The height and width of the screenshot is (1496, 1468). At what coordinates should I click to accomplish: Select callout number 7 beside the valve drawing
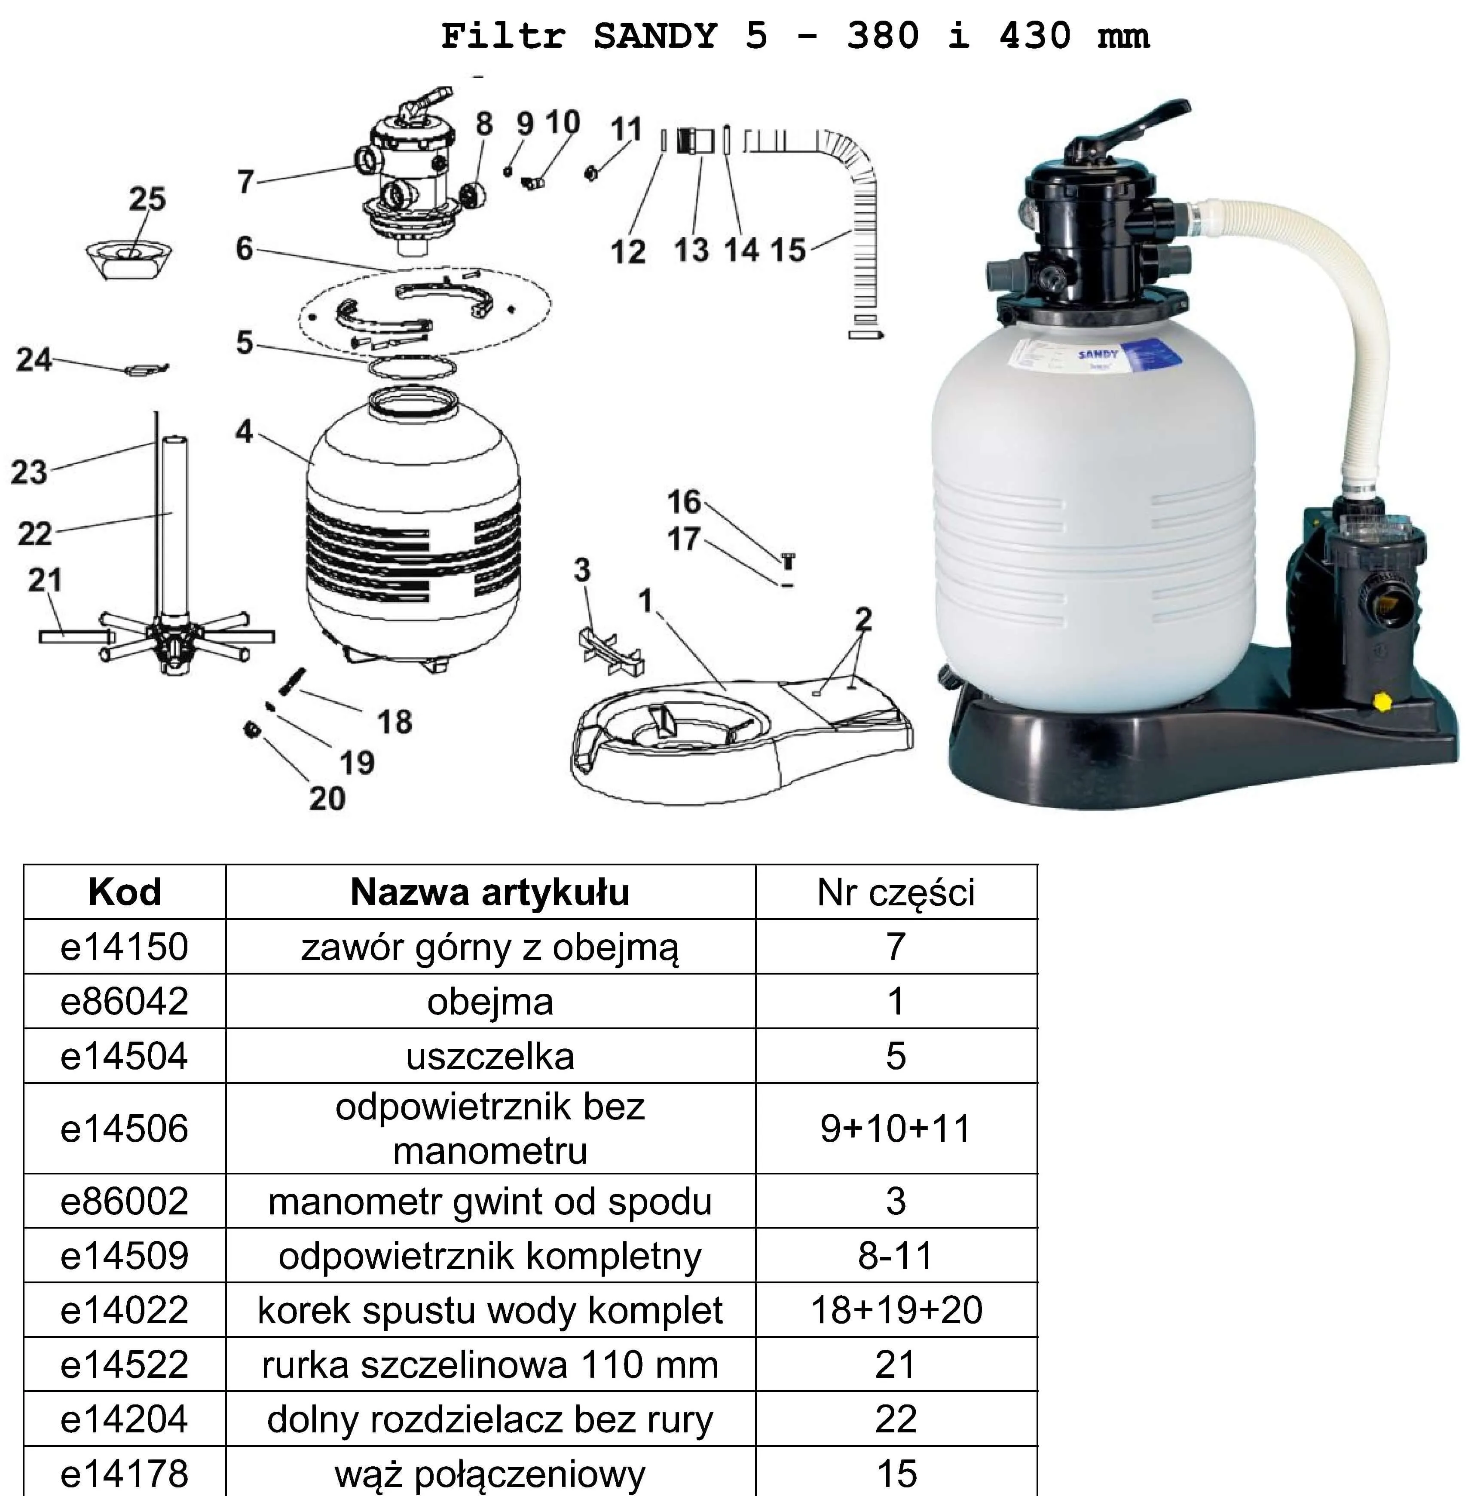pos(245,182)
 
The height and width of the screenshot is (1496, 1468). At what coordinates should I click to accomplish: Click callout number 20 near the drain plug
pos(327,798)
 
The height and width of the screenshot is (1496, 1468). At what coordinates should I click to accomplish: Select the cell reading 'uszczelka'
pos(490,1056)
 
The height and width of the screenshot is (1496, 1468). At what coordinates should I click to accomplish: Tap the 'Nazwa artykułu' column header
pos(490,892)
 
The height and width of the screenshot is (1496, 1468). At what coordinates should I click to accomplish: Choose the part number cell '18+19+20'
pos(897,1310)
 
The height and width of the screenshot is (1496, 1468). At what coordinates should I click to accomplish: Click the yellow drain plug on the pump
pos(1382,701)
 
